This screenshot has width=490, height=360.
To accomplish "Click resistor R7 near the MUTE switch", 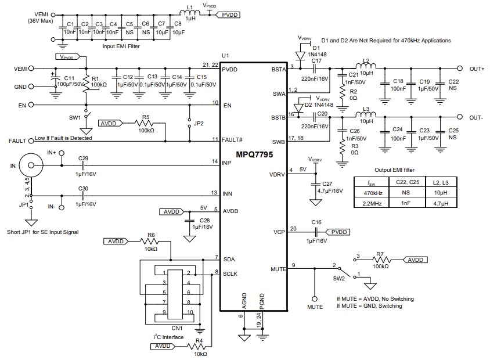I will click(381, 260).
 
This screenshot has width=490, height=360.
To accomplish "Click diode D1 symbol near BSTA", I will click(300, 56).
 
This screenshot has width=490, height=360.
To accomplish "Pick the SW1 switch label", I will click(74, 117).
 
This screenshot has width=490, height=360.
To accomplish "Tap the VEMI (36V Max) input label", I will click(40, 17).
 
